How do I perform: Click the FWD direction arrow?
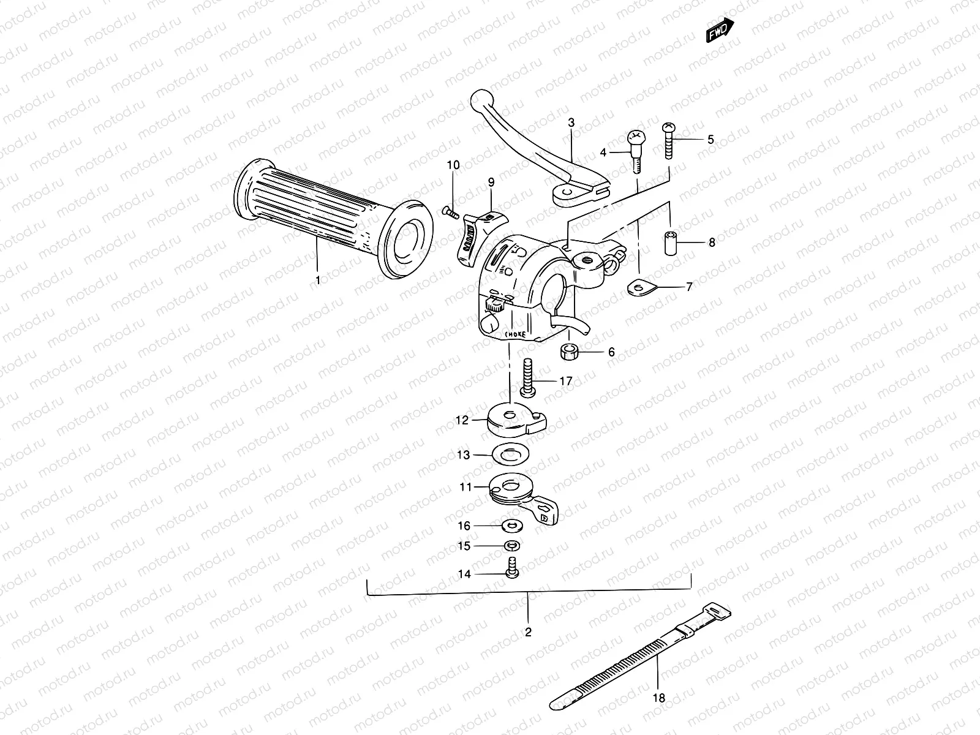pos(720,31)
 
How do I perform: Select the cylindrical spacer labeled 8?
pos(671,243)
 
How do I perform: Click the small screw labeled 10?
pos(450,212)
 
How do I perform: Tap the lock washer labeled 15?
pos(510,545)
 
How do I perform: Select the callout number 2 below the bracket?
pos(528,632)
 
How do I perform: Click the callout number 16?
pos(464,526)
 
